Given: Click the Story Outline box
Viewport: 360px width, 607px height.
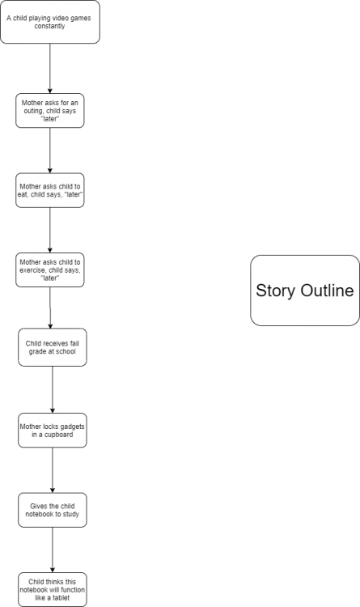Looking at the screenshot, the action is pyautogui.click(x=305, y=291).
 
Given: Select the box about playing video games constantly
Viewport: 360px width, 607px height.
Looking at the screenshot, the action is pyautogui.click(x=50, y=22).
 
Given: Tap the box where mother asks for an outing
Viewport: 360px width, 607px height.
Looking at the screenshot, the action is pyautogui.click(x=50, y=111).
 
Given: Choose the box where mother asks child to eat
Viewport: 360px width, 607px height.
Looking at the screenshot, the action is pyautogui.click(x=50, y=190).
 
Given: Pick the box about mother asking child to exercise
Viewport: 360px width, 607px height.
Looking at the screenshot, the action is pyautogui.click(x=50, y=270).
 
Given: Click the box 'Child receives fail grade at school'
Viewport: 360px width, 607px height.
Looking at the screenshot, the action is pyautogui.click(x=53, y=347).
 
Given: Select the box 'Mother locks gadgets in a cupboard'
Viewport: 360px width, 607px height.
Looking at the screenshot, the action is pyautogui.click(x=53, y=431).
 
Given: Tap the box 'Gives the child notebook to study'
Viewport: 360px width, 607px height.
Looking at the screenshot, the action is pyautogui.click(x=53, y=510).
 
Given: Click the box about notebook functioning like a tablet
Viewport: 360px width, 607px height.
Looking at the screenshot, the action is pyautogui.click(x=53, y=589).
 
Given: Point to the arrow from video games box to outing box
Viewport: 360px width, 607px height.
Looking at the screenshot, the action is pyautogui.click(x=50, y=69).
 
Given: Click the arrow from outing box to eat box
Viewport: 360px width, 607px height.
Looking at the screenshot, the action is pyautogui.click(x=50, y=151).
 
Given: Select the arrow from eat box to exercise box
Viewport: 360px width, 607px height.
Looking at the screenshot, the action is pyautogui.click(x=50, y=231).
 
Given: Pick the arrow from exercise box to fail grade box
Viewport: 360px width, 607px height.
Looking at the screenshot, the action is pyautogui.click(x=50, y=308).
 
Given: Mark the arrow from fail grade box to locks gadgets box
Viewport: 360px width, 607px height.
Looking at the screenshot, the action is pyautogui.click(x=53, y=390).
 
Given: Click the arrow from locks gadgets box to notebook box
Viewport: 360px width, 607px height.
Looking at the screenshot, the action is pyautogui.click(x=53, y=470).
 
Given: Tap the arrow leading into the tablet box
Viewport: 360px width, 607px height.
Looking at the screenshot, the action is pyautogui.click(x=53, y=550).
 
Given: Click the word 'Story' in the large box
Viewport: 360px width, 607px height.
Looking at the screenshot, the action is pyautogui.click(x=275, y=291).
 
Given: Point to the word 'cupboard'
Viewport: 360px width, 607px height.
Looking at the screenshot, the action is pyautogui.click(x=58, y=435).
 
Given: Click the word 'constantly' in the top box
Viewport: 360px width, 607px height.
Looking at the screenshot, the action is pyautogui.click(x=49, y=27).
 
